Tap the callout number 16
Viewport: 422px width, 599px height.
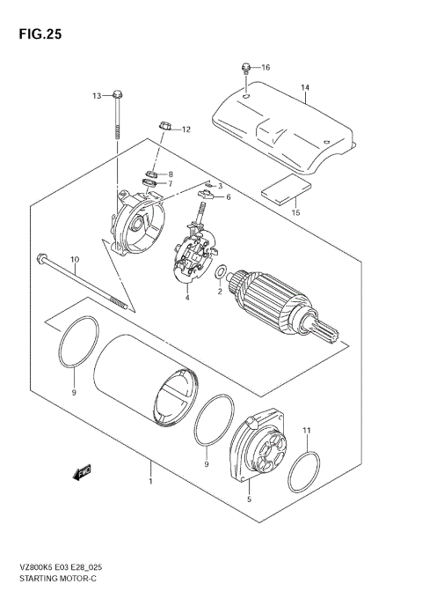tap(266, 67)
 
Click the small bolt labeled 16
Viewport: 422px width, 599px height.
tap(245, 67)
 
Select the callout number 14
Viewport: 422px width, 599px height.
tap(305, 88)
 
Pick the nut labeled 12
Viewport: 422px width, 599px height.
tap(164, 129)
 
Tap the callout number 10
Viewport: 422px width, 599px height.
tap(75, 259)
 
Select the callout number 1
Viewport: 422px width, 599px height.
tap(150, 481)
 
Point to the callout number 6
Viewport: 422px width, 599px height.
tap(227, 197)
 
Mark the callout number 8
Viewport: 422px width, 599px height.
tap(171, 174)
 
